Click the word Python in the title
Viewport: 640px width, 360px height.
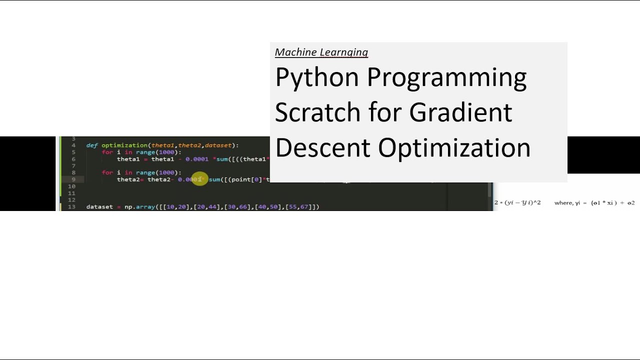pyautogui.click(x=317, y=78)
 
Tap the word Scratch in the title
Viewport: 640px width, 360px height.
pyautogui.click(x=317, y=112)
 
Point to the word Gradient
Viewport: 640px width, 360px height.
pyautogui.click(x=460, y=112)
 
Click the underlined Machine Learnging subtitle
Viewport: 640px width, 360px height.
pyautogui.click(x=321, y=52)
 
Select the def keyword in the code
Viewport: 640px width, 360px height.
pyautogui.click(x=91, y=145)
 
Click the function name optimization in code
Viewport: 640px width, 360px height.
pyautogui.click(x=124, y=145)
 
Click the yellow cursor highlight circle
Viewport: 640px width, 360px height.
pyautogui.click(x=199, y=179)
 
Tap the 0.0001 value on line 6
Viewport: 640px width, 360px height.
pyautogui.click(x=196, y=159)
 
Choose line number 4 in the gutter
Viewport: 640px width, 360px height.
pyautogui.click(x=73, y=145)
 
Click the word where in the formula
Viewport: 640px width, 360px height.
pyautogui.click(x=563, y=203)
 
